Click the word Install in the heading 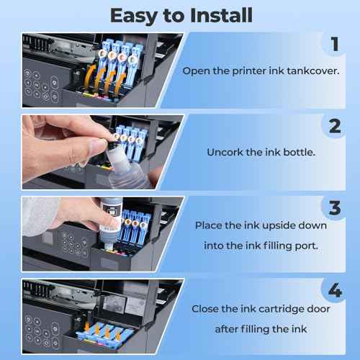(221, 15)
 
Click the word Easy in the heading (134, 17)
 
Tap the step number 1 (335, 44)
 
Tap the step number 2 (335, 126)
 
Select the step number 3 (335, 207)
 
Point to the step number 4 (335, 290)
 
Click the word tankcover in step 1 (313, 71)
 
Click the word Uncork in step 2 (225, 152)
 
